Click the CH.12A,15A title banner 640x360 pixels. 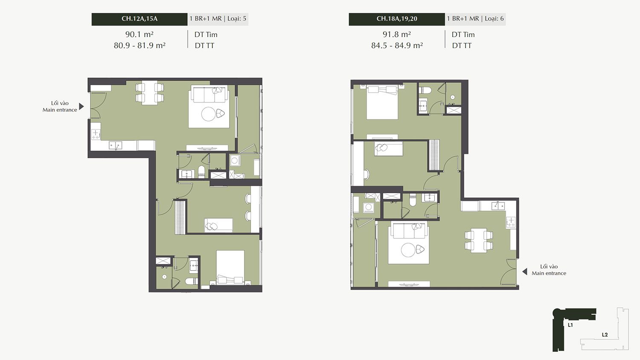click(x=140, y=19)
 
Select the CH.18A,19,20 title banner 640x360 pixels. click(x=396, y=19)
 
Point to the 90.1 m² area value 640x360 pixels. click(x=140, y=35)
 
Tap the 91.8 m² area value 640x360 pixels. click(x=397, y=35)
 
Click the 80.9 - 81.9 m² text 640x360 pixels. click(x=140, y=46)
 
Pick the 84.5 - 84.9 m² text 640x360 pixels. click(x=397, y=46)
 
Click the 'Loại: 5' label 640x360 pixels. click(x=237, y=19)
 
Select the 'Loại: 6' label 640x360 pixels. click(x=494, y=19)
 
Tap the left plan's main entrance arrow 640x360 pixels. click(x=81, y=107)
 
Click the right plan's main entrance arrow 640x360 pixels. click(x=524, y=272)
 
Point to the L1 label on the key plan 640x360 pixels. click(x=570, y=325)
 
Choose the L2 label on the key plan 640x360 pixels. click(x=605, y=334)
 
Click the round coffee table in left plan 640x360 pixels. click(x=209, y=114)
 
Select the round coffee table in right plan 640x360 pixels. click(x=408, y=250)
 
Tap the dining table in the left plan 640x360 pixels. click(x=150, y=93)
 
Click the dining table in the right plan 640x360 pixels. click(x=479, y=241)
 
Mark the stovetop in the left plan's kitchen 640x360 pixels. click(x=96, y=134)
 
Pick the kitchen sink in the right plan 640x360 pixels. click(x=498, y=206)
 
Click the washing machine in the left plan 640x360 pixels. click(x=235, y=160)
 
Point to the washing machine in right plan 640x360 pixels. click(x=368, y=207)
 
